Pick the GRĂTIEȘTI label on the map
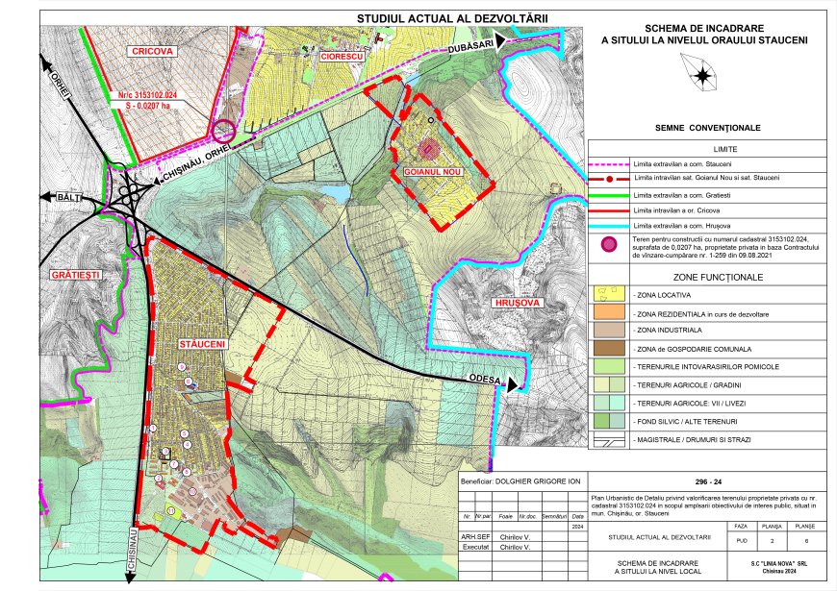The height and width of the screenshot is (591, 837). coord(76,276)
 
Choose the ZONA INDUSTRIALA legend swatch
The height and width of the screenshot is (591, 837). coord(608,330)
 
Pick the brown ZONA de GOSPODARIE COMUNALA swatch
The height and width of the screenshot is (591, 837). coord(608,349)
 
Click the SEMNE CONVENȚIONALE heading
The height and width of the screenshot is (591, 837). coord(707,128)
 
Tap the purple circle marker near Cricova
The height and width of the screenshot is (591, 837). coord(224,129)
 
